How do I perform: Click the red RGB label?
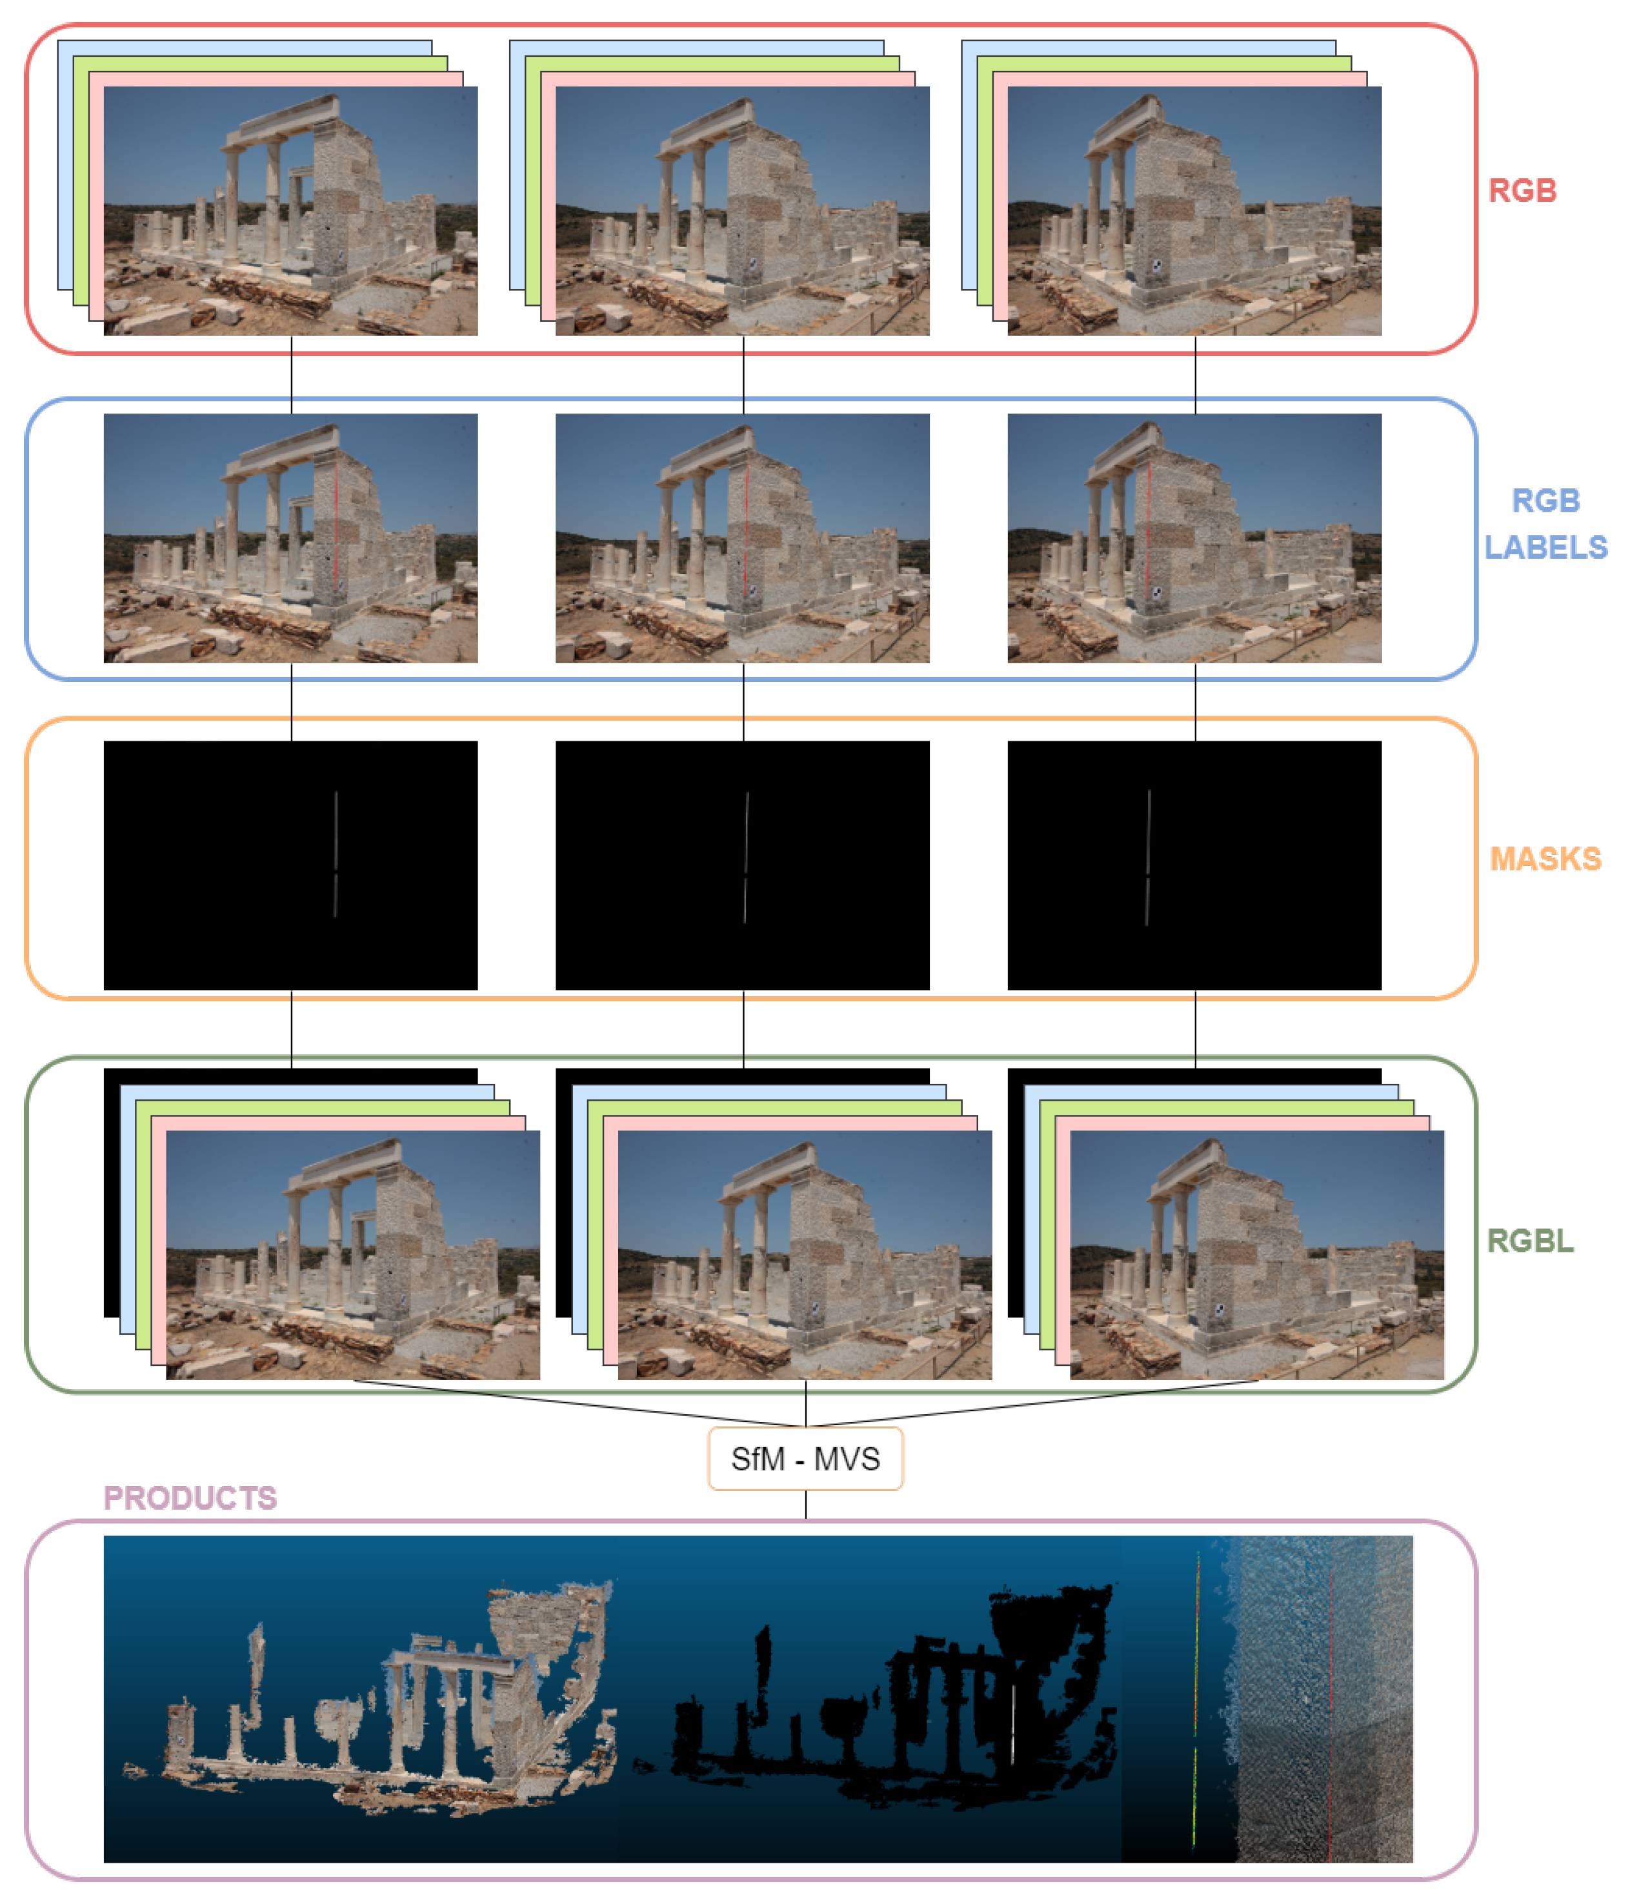pyautogui.click(x=1522, y=191)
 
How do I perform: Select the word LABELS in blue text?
pyautogui.click(x=1545, y=547)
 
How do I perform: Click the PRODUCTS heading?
pyautogui.click(x=190, y=1497)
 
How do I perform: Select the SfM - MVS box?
pyautogui.click(x=805, y=1459)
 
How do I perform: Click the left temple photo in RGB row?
pyautogui.click(x=290, y=211)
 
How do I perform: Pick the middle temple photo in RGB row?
pyautogui.click(x=742, y=211)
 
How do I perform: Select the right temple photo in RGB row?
pyautogui.click(x=1194, y=211)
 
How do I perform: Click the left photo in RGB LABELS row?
pyautogui.click(x=290, y=538)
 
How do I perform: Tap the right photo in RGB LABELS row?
pyautogui.click(x=1194, y=538)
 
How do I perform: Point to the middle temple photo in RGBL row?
pyautogui.click(x=805, y=1254)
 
